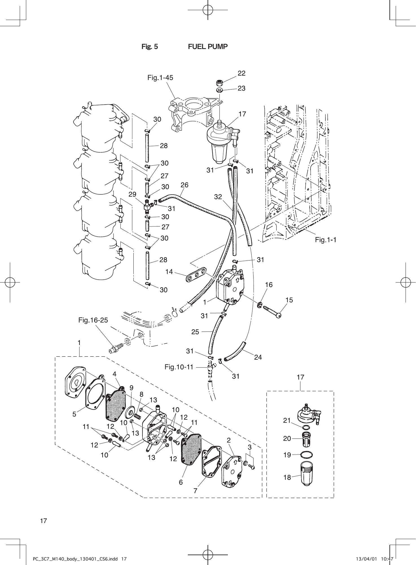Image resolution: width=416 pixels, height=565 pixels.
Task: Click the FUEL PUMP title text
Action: click(x=208, y=47)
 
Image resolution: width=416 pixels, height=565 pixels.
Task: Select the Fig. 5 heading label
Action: click(x=149, y=47)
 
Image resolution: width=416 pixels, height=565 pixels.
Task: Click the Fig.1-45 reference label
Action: click(x=160, y=77)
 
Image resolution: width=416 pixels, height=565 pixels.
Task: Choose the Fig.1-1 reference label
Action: click(x=326, y=240)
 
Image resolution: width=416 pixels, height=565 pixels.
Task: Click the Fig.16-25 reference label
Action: click(x=93, y=320)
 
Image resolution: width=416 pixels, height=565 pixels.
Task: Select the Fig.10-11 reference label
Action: click(x=179, y=367)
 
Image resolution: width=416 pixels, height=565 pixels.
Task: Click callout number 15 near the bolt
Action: click(x=289, y=300)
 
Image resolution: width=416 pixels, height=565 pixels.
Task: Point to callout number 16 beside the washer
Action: click(x=269, y=285)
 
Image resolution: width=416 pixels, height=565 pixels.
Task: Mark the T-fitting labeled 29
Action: click(x=148, y=206)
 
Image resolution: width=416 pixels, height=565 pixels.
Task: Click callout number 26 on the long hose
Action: click(x=184, y=185)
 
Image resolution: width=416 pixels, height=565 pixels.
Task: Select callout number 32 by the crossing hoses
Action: click(x=218, y=197)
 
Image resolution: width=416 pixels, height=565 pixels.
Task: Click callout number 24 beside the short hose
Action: click(x=258, y=357)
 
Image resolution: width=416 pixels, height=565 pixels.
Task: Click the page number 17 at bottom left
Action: click(x=43, y=521)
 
